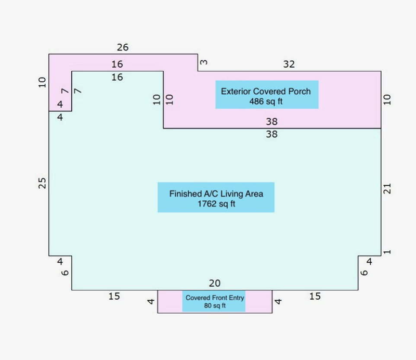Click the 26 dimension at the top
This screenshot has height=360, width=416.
[x=123, y=47]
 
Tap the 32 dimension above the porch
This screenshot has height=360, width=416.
[x=289, y=64]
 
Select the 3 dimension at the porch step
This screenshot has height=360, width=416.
[x=204, y=62]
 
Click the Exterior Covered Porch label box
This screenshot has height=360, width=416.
[x=267, y=95]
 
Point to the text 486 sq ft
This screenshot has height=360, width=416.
[x=266, y=101]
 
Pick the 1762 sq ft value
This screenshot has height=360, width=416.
[x=216, y=204]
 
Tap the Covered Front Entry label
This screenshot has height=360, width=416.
[x=215, y=298]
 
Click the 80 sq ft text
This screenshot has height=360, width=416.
[x=215, y=305]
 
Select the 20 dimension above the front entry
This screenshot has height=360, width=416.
[x=215, y=284]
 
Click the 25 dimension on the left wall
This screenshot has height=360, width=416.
[x=42, y=183]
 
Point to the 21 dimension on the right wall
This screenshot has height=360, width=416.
[x=387, y=188]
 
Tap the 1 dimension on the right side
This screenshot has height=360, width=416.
[x=387, y=252]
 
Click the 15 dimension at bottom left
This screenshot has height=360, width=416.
[x=114, y=297]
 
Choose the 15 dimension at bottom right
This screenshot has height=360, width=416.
[x=315, y=297]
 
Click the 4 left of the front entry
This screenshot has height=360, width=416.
[x=151, y=301]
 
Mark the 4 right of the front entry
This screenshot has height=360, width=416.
[x=278, y=301]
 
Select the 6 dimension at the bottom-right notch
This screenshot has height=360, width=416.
[x=365, y=273]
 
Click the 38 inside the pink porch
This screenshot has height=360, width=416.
[x=271, y=122]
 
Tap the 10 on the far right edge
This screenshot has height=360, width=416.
[x=387, y=99]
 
